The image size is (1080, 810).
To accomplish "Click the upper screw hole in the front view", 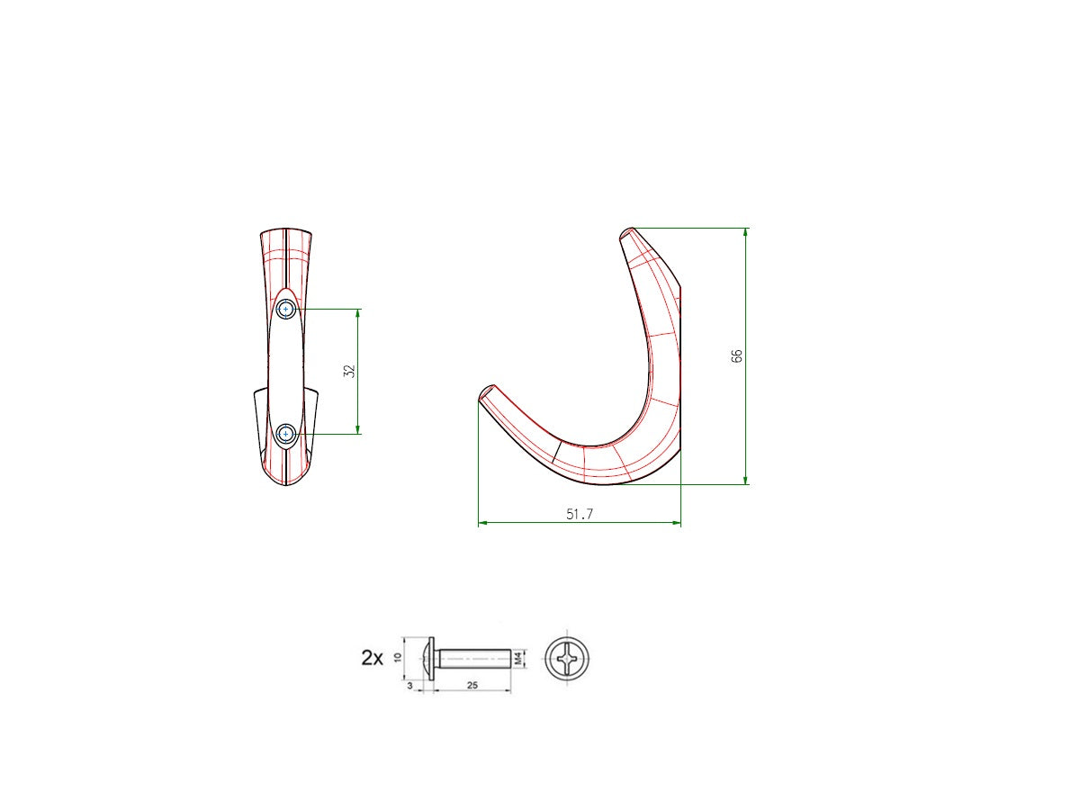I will [x=286, y=309].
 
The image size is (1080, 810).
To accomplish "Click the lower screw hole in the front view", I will [x=286, y=434].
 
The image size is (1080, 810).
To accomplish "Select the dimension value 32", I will [x=350, y=370].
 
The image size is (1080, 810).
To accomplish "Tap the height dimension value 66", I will [x=737, y=355].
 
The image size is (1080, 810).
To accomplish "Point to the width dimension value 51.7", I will [x=579, y=514].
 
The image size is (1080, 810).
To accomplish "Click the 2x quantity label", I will [x=372, y=658].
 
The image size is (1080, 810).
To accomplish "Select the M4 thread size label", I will [x=518, y=659].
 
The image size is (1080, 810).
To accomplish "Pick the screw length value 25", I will [x=472, y=686].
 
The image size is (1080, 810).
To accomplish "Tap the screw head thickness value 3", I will [x=410, y=686].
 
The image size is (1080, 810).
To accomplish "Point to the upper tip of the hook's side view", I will [x=628, y=233].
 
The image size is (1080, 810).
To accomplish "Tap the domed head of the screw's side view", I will [x=427, y=659].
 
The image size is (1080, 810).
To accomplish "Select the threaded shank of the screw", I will [x=474, y=659].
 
